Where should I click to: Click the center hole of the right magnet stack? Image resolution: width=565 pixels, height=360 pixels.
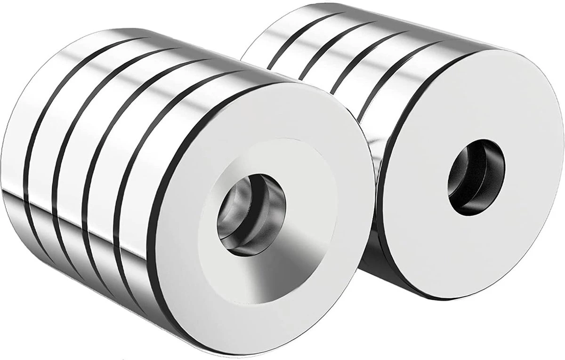coord(476,176)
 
